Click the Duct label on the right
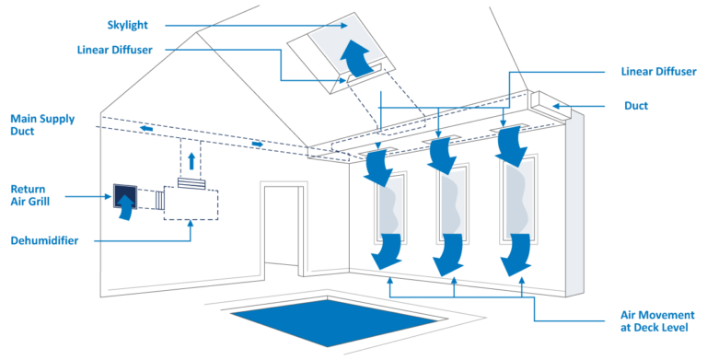coord(636,106)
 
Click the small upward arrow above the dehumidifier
coord(191,160)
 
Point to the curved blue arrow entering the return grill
coord(120,208)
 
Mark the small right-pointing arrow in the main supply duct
coord(259,144)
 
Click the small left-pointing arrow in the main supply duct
coord(146,128)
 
